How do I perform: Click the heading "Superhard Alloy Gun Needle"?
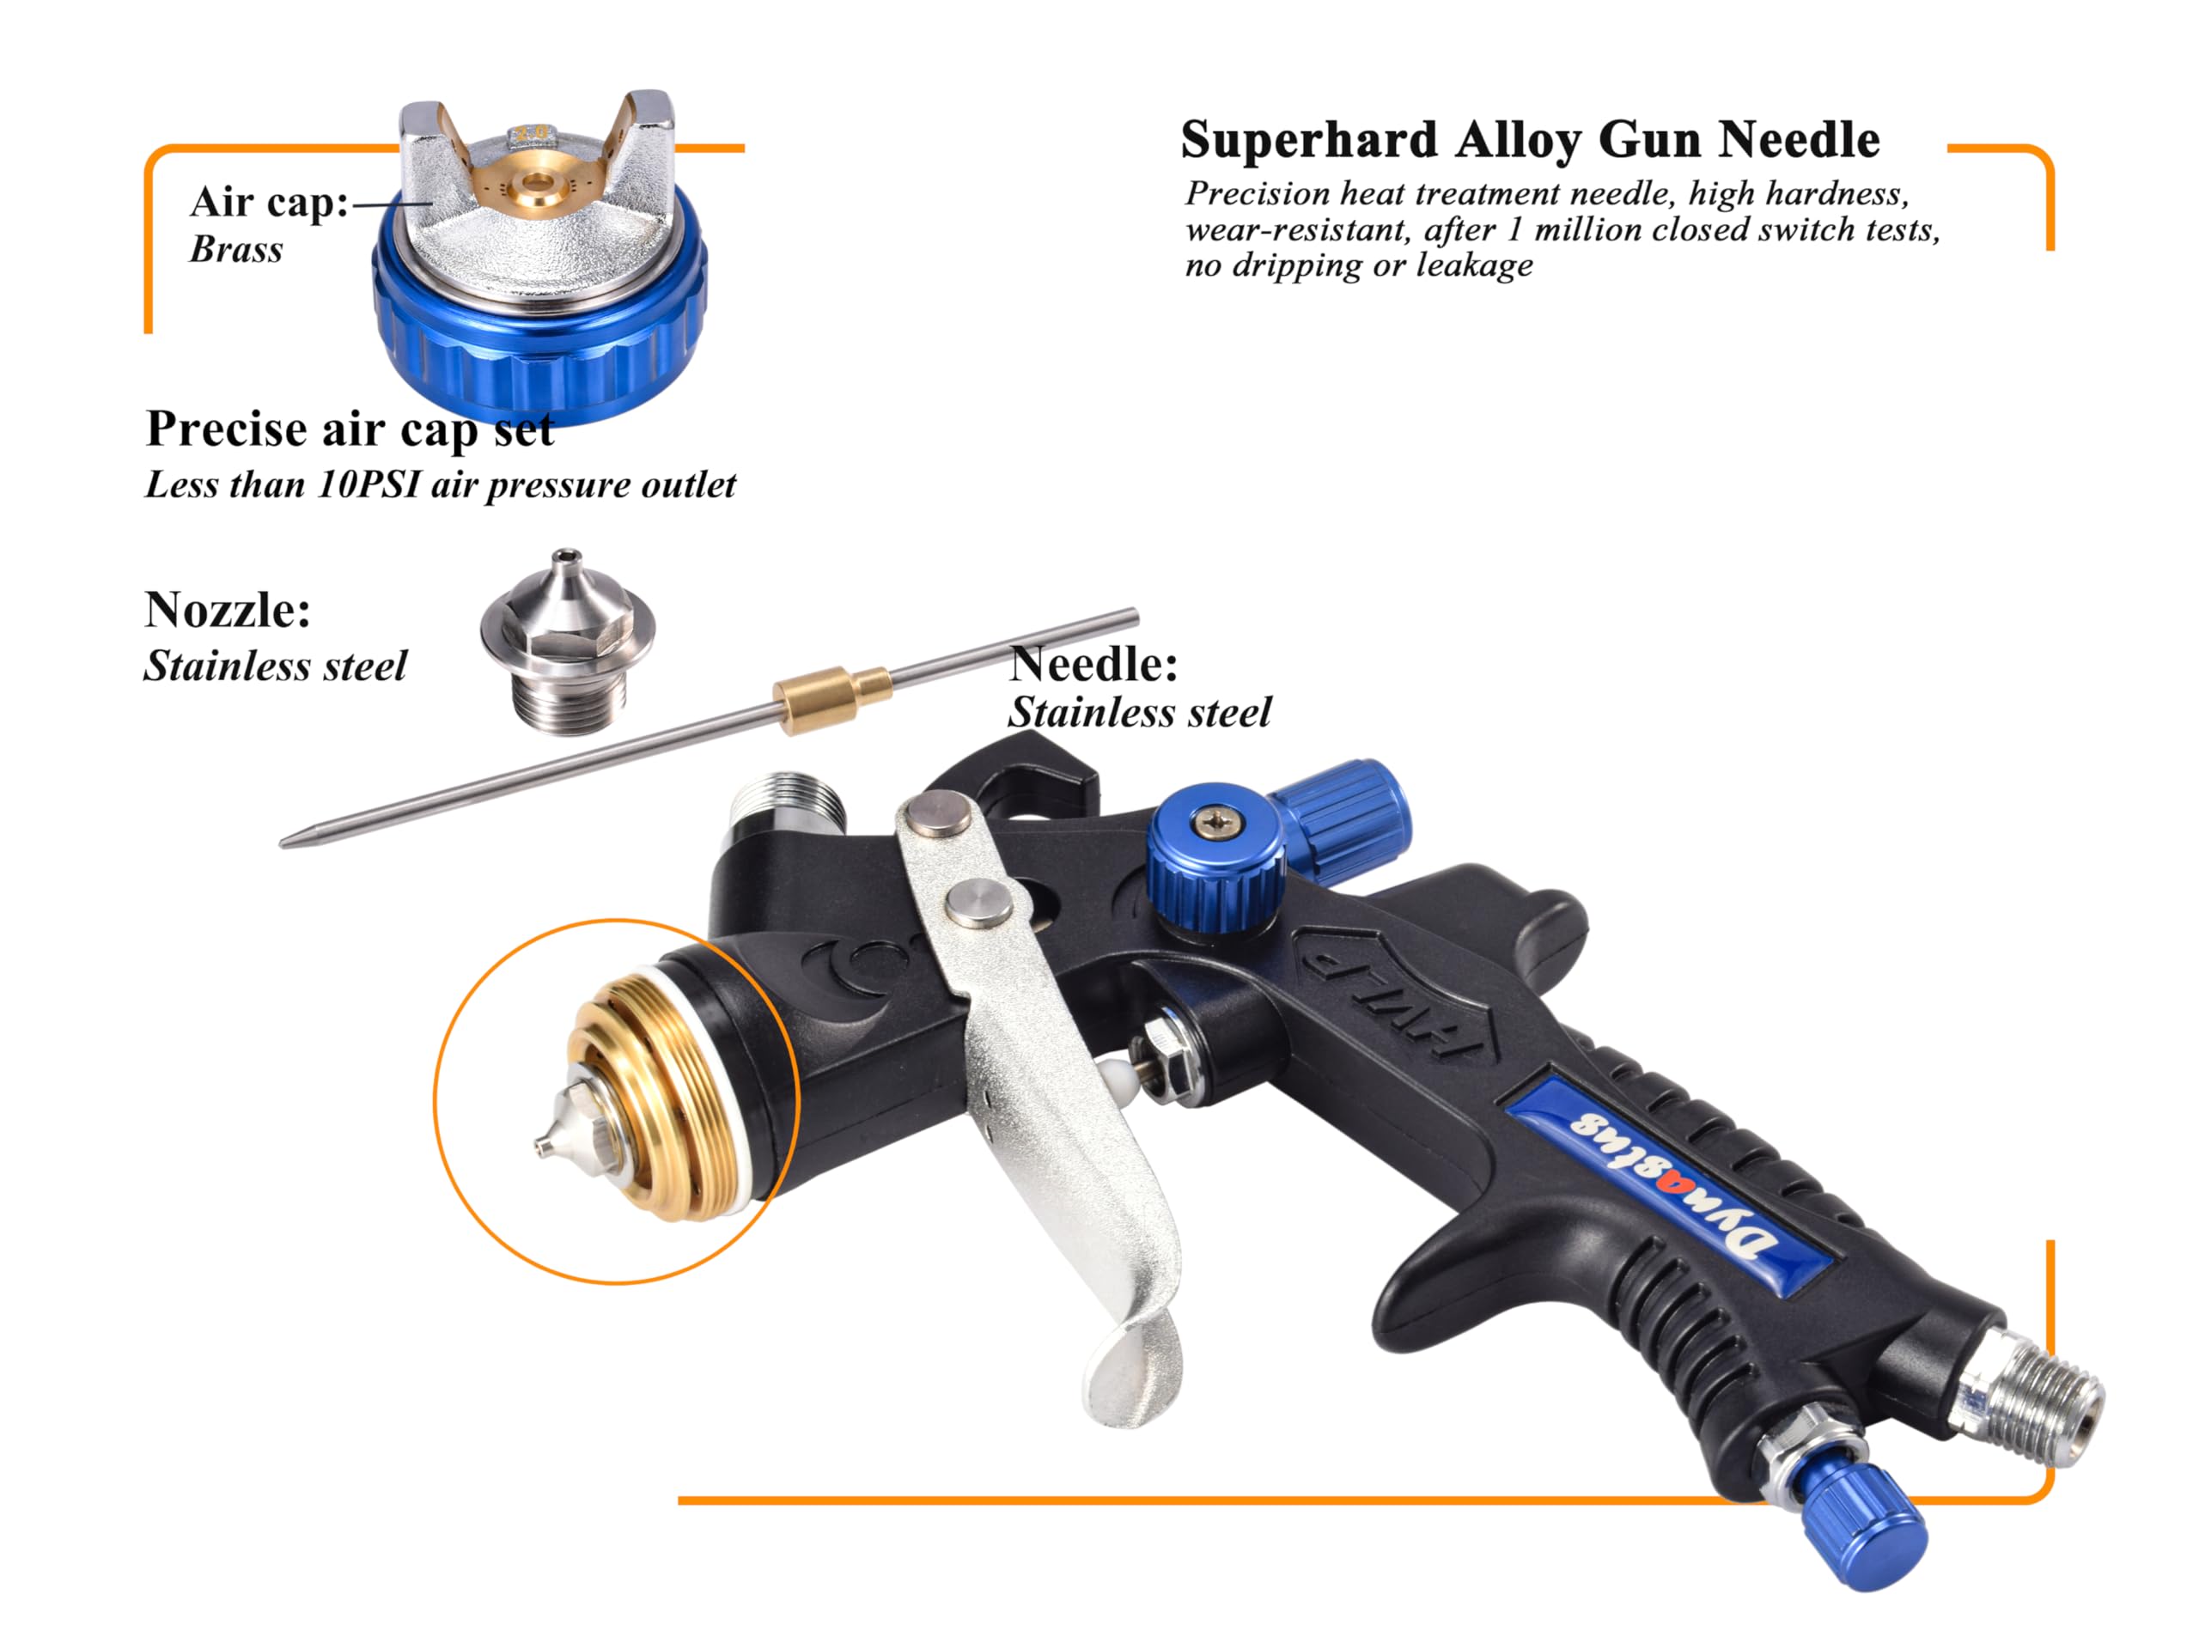(x=1530, y=139)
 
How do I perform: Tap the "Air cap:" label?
(x=268, y=202)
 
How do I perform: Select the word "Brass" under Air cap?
(x=235, y=248)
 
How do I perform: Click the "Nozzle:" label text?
(x=228, y=609)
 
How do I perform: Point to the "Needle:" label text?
(x=1093, y=664)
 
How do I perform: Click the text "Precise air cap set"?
(x=349, y=429)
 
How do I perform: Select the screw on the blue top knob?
(x=1215, y=820)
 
